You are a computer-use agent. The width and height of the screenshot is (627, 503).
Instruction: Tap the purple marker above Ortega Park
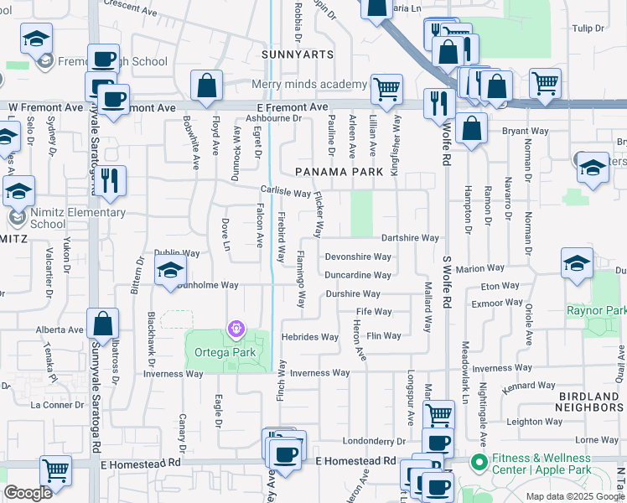237,329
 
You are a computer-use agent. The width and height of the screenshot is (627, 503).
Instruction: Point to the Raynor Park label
596,310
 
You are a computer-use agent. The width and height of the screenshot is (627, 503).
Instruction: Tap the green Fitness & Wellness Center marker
479,462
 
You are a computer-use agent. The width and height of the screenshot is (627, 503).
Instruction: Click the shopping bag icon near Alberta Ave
102,324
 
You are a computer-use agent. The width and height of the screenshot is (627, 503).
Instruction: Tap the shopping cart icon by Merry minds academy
386,88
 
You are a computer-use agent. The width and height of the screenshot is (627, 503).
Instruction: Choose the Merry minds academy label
309,85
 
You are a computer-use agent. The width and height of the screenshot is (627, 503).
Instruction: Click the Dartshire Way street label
410,238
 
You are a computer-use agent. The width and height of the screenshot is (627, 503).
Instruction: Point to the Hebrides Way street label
310,337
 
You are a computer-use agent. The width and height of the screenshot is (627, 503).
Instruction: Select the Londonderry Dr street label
374,441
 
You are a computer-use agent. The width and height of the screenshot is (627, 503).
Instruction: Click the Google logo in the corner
28,493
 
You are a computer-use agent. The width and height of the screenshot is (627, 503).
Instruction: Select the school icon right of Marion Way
577,262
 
